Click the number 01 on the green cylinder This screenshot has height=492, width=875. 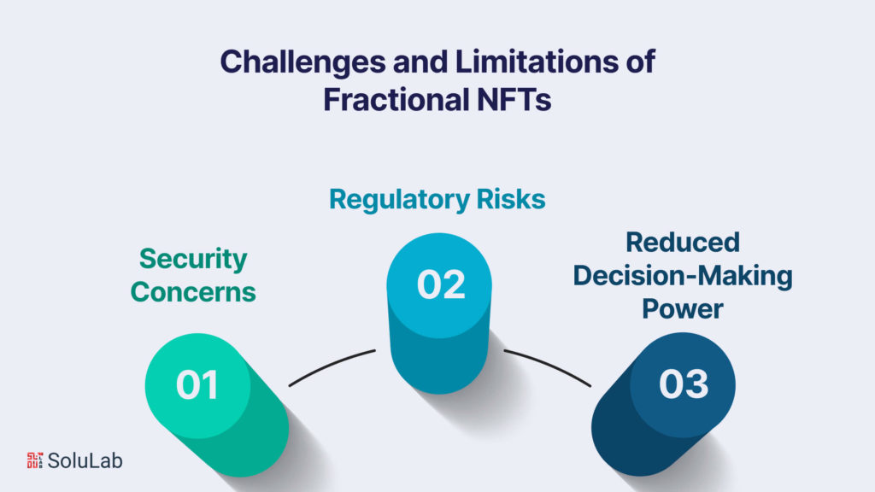coord(197,385)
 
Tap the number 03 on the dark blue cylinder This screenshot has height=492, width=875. coord(684,384)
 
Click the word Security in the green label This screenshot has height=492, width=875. coord(193,259)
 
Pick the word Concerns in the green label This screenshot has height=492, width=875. coord(193,291)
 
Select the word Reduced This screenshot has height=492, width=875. coord(683,243)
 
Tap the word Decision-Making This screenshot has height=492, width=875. coord(683,276)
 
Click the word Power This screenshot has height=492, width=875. coord(683,308)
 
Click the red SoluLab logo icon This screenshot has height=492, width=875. coord(34,460)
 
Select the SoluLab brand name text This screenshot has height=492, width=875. coord(85,460)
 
